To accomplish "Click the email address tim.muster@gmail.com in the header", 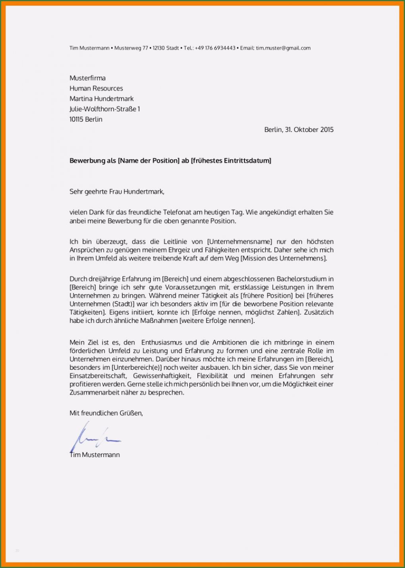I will point(283,48).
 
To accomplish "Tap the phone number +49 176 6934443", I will point(215,48).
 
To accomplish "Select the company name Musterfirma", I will point(87,78).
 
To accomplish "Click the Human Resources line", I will point(96,88).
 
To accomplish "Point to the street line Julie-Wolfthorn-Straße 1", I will point(104,109).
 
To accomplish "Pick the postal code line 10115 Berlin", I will point(86,119).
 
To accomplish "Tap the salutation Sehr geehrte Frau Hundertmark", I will point(117,191).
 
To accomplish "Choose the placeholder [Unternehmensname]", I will point(240,241).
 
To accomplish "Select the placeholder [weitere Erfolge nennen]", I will point(217,321).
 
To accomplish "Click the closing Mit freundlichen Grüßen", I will point(106,413).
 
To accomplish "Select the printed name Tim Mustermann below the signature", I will point(94,455).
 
